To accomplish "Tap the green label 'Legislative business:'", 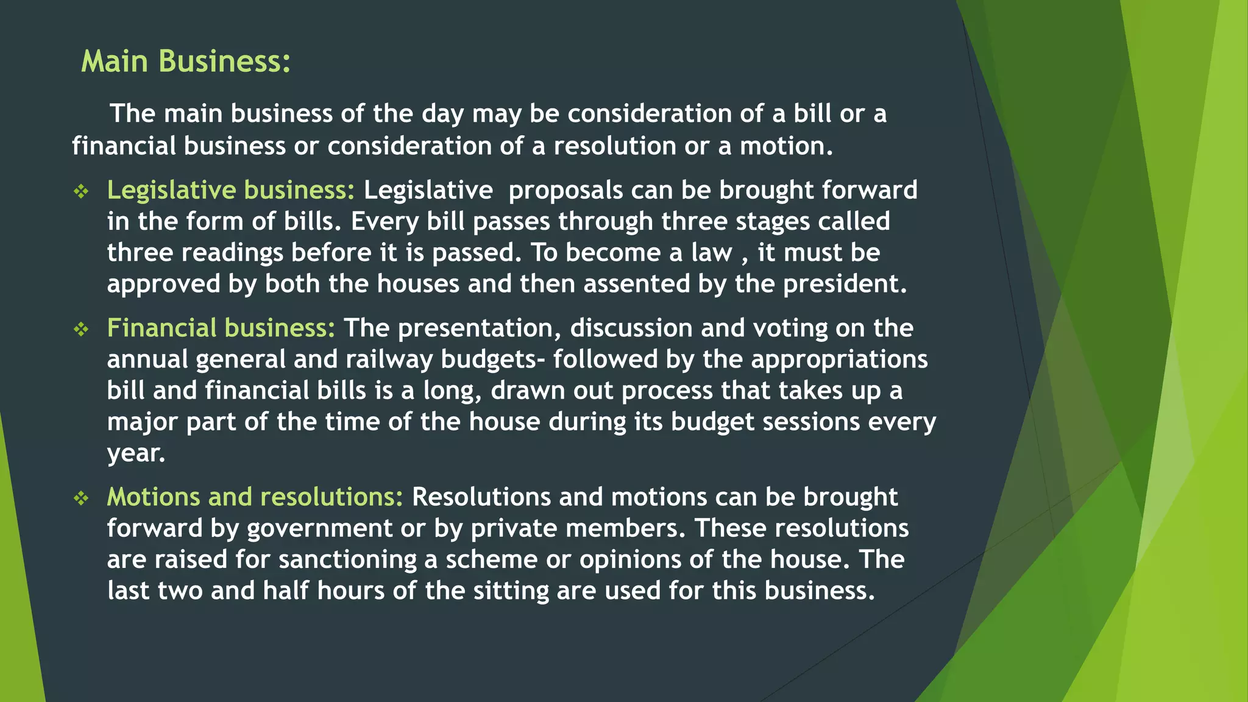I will coord(230,190).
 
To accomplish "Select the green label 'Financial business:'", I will coord(221,328).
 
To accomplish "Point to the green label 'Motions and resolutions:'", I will coord(255,497).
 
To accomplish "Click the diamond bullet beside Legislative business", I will coord(81,192).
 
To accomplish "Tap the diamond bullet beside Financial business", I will coord(81,330).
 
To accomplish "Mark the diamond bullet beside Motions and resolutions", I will coord(81,498).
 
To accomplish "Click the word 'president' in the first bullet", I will coord(845,284).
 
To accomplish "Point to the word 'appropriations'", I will coord(839,360).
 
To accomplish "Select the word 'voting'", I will coord(790,328).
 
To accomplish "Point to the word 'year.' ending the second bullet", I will coord(136,453).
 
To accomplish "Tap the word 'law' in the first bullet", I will coord(711,253).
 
